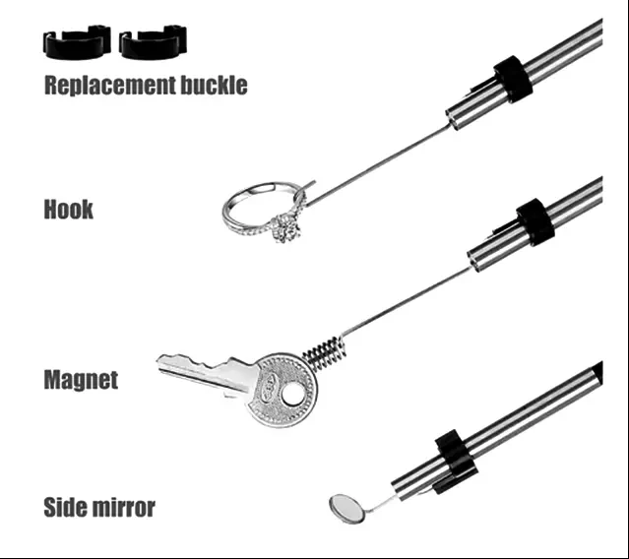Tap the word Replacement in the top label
coord(110,86)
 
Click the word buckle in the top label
coord(214,85)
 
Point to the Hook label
coord(69,209)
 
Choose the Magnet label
coord(81,380)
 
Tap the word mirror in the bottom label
coord(122,508)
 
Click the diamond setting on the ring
coord(287,228)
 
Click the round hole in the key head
coord(291,394)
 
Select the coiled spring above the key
coord(323,353)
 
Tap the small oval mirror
coord(347,509)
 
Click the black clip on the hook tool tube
coord(513,79)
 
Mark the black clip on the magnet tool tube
coord(535,221)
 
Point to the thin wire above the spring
coord(406,302)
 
